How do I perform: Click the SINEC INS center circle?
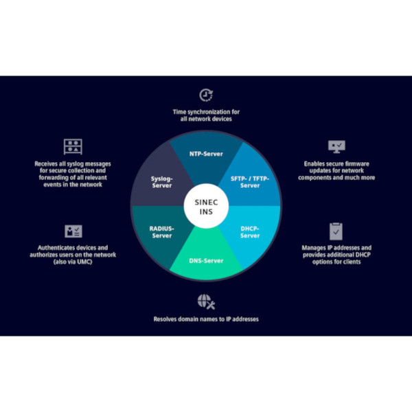(206, 206)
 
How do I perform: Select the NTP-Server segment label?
(206, 154)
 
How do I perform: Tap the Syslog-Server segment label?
(162, 182)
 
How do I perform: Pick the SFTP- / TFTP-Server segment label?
(250, 182)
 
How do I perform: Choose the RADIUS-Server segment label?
(162, 232)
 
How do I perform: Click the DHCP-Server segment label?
(250, 232)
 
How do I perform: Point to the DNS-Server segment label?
(206, 261)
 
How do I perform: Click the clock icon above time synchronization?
(206, 95)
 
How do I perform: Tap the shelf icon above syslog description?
(73, 147)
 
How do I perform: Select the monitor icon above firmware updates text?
(336, 147)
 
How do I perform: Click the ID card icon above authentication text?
(73, 231)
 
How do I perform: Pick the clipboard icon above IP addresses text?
(336, 231)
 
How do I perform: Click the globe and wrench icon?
(206, 302)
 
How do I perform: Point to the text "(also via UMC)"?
(73, 262)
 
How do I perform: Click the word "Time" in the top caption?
(179, 112)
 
